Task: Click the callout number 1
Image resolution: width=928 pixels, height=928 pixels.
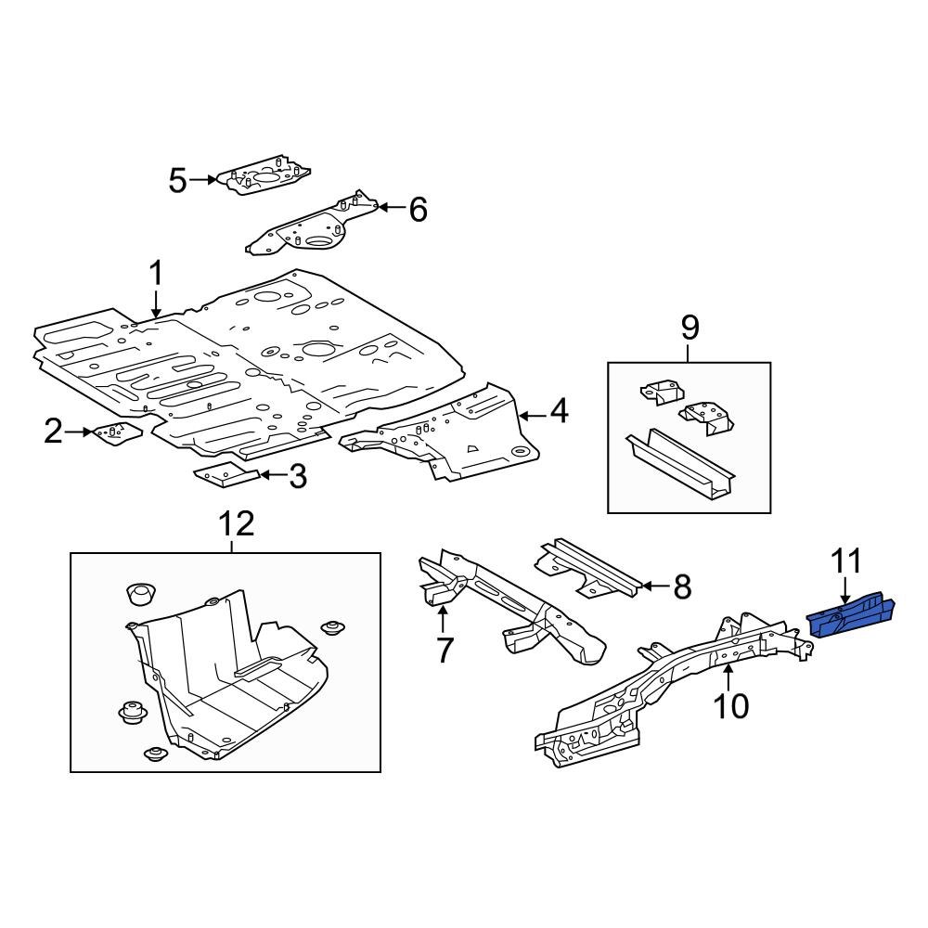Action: tap(156, 274)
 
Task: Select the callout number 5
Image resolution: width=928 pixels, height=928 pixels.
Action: tap(178, 180)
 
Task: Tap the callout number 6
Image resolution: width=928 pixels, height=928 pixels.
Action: tap(418, 210)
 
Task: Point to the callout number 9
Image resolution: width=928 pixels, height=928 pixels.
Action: tap(689, 327)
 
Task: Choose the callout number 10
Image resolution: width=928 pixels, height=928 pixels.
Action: tap(731, 705)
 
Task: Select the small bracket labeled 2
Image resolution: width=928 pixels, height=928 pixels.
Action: tap(114, 432)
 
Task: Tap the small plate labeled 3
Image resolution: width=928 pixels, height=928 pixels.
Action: tap(226, 476)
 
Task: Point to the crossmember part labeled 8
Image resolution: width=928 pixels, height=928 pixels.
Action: tap(589, 568)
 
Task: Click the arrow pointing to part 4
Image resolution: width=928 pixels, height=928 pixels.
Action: tap(531, 413)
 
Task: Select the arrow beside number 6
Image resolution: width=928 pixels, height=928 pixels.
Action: tap(392, 209)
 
